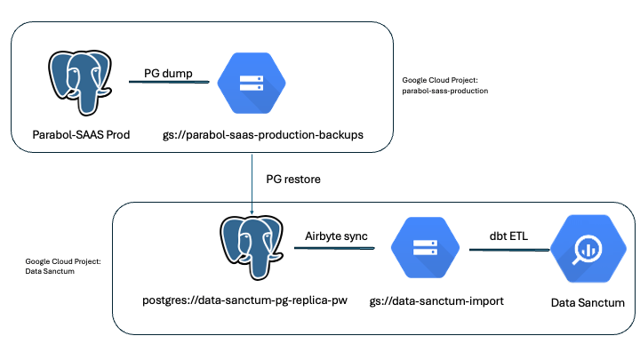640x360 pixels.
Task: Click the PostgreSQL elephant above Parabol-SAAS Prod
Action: tap(80, 83)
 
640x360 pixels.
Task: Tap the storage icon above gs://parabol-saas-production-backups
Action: tap(252, 83)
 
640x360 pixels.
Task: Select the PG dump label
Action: tap(168, 74)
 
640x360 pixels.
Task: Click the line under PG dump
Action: tap(169, 82)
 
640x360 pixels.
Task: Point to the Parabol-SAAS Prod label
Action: tap(81, 135)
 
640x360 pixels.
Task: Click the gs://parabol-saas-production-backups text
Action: tap(263, 135)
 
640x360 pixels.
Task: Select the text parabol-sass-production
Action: tap(445, 91)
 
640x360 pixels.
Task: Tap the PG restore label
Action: tap(293, 180)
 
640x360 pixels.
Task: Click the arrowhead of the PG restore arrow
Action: tap(252, 212)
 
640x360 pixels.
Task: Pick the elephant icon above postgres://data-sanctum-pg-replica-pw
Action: tap(252, 248)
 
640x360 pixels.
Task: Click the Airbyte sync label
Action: tap(336, 236)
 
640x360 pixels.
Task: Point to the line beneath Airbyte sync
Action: tap(334, 248)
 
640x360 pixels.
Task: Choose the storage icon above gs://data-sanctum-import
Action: tap(425, 248)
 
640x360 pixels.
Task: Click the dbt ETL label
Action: tap(508, 236)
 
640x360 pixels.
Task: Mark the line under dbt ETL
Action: tap(509, 250)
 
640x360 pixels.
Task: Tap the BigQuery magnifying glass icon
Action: tap(588, 249)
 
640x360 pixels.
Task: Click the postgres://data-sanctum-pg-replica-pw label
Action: tap(245, 300)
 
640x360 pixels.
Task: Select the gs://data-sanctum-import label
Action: tap(436, 301)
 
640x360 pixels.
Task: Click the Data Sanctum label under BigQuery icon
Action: tap(588, 303)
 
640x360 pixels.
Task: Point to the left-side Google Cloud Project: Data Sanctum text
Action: tap(63, 266)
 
